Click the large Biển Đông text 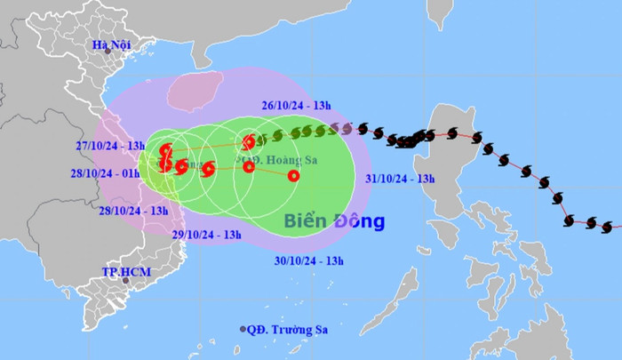(334, 220)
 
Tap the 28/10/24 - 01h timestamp (106, 172)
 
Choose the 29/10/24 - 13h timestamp (206, 234)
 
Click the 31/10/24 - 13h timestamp (400, 179)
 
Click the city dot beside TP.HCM (126, 280)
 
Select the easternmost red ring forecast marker (293, 175)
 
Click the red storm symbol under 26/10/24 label (251, 141)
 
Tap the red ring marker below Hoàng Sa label (249, 166)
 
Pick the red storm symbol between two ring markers (209, 168)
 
